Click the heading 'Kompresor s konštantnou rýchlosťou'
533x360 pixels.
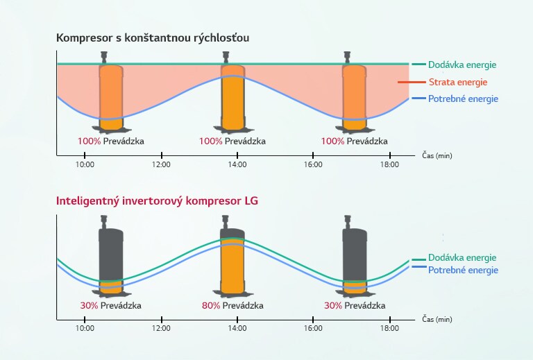point(153,37)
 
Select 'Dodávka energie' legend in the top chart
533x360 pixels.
point(462,65)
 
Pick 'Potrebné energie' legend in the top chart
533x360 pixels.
point(463,99)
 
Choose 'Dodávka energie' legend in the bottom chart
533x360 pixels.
point(462,257)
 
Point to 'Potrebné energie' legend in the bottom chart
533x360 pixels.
point(463,270)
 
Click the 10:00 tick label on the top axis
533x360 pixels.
point(85,164)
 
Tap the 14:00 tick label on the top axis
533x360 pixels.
point(237,164)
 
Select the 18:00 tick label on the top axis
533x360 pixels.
point(390,164)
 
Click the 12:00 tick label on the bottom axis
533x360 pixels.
point(161,329)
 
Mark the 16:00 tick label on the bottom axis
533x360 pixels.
point(314,329)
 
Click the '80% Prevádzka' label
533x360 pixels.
point(232,305)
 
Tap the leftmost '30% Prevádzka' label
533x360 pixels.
point(110,305)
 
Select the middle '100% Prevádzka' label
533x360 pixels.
point(232,141)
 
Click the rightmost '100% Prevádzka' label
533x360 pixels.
point(354,141)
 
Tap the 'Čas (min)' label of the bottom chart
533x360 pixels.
point(437,320)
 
